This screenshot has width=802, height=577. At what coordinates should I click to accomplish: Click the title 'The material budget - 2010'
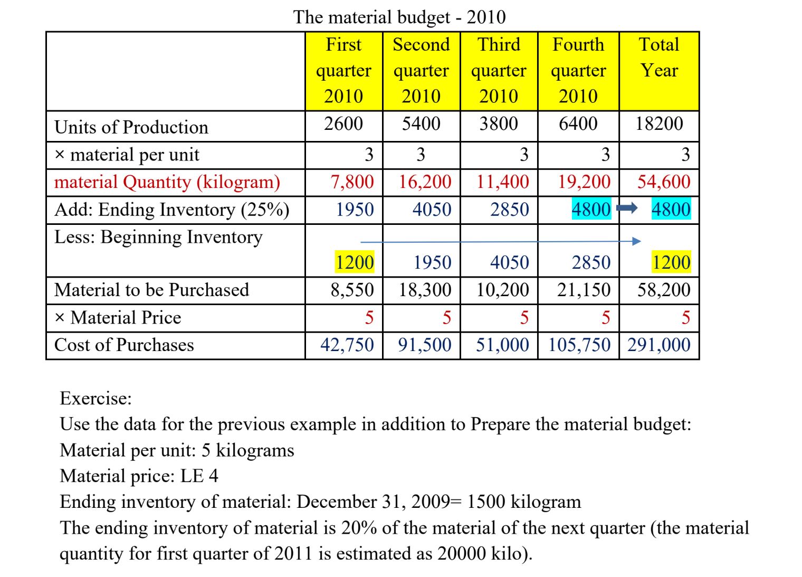click(x=399, y=17)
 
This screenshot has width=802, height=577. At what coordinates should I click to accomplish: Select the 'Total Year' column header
click(x=659, y=57)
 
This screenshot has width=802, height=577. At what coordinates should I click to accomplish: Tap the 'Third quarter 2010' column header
click(x=499, y=70)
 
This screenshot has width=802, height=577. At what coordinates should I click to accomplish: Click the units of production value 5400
click(x=421, y=124)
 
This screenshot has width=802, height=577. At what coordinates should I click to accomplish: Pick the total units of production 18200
click(x=659, y=124)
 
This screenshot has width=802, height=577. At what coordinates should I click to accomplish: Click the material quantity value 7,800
click(x=352, y=182)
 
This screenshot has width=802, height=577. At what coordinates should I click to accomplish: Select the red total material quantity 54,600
click(x=664, y=182)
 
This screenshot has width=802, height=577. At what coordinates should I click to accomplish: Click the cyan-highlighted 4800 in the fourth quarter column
click(x=591, y=210)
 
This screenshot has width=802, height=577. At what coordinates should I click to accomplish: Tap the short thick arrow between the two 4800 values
click(x=627, y=209)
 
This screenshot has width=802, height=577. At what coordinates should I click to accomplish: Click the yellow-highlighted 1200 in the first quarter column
click(x=355, y=262)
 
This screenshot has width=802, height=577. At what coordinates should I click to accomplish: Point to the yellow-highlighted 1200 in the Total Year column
click(x=671, y=262)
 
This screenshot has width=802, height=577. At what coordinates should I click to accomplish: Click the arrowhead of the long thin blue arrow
click(x=637, y=241)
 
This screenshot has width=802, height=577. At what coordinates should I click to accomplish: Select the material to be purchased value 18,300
click(x=425, y=290)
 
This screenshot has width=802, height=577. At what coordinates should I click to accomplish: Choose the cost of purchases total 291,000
click(x=659, y=345)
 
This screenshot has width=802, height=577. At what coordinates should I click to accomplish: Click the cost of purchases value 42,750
click(x=347, y=345)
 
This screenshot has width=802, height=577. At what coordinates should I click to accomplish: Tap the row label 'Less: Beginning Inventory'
click(x=158, y=237)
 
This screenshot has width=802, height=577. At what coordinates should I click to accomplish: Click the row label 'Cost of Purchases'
click(x=124, y=345)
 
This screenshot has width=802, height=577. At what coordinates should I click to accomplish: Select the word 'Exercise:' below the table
click(x=96, y=398)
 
